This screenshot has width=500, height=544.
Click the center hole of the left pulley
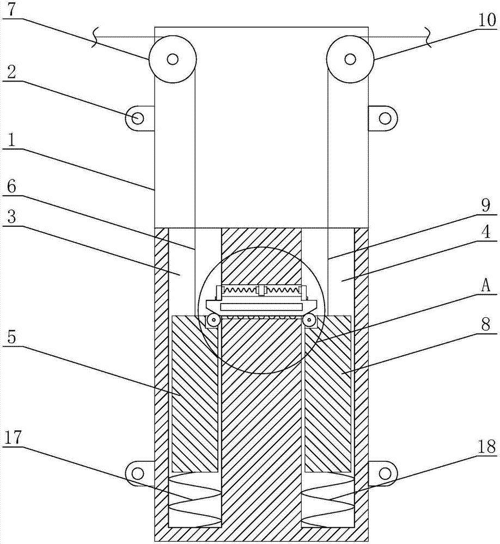(x=173, y=58)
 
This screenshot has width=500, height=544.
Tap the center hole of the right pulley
(x=350, y=58)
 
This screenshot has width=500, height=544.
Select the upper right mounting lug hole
(x=385, y=118)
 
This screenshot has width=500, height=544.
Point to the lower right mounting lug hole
(x=385, y=472)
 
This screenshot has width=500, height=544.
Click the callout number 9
(x=486, y=206)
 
